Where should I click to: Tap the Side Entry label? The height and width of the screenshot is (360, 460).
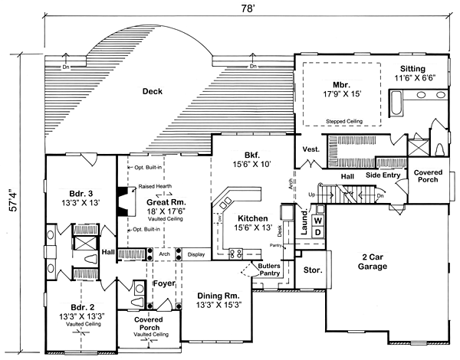pyautogui.click(x=383, y=175)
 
